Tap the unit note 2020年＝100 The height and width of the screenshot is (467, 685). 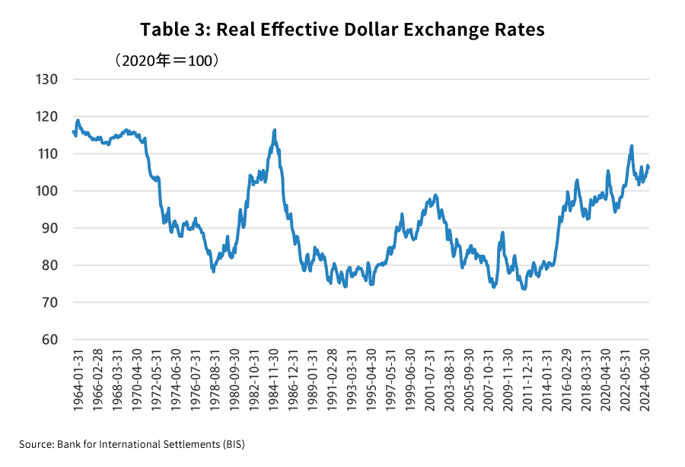[x=167, y=59]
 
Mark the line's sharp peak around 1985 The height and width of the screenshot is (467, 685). [x=274, y=130]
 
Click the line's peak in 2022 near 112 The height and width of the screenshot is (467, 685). [x=632, y=146]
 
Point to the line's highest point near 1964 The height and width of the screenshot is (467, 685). [x=78, y=120]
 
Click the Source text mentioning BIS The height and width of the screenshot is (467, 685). [x=132, y=443]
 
